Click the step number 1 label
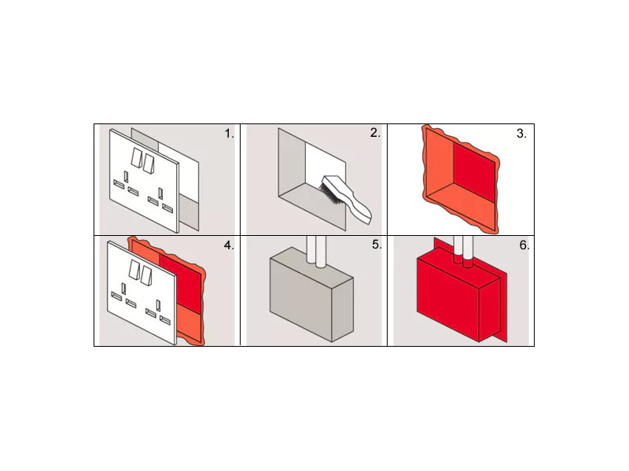229,134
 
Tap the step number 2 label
375,133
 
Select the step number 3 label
521,134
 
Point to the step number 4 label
229,245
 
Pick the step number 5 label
377,245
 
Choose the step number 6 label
524,245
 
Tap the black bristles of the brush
329,193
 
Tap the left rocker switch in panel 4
134,269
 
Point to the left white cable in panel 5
311,249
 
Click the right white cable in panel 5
321,252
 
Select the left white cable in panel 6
458,249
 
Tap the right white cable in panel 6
468,252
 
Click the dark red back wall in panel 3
474,171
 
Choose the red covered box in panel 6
458,300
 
